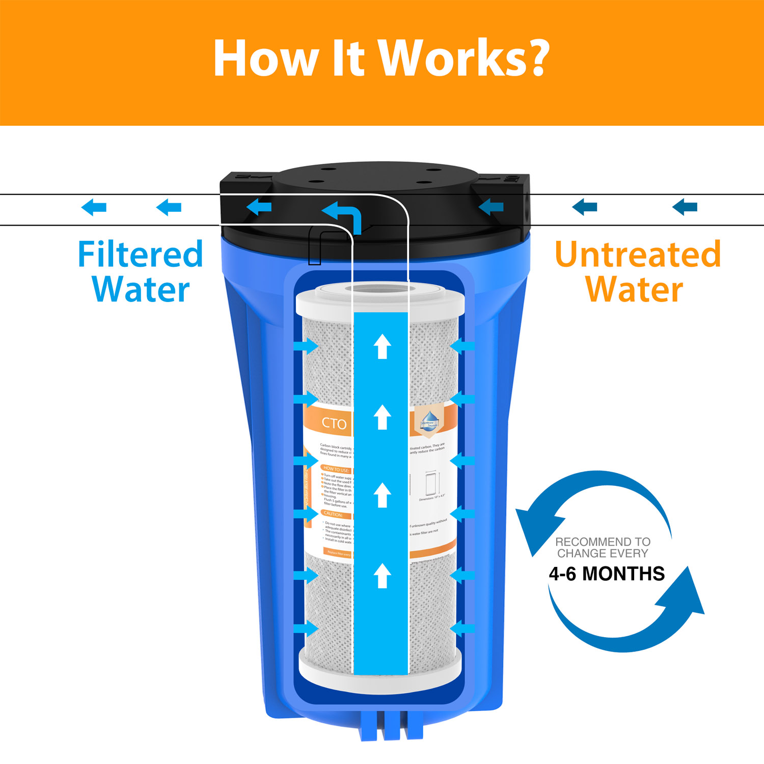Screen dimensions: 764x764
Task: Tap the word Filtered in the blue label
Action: click(x=140, y=254)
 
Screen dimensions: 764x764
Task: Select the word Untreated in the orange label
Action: click(x=638, y=254)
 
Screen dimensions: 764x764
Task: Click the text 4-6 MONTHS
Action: click(x=607, y=574)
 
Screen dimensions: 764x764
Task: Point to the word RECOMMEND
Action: click(x=586, y=542)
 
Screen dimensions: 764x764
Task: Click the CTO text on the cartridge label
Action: click(x=334, y=423)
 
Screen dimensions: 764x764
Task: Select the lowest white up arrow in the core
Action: click(x=382, y=576)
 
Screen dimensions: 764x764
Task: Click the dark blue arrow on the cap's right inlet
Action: click(x=491, y=207)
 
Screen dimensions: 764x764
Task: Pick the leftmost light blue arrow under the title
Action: click(x=94, y=207)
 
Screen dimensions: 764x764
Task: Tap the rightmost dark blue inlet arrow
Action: click(x=685, y=207)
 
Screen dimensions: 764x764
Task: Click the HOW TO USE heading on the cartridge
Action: click(x=336, y=469)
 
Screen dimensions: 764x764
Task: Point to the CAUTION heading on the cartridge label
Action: click(x=334, y=514)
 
